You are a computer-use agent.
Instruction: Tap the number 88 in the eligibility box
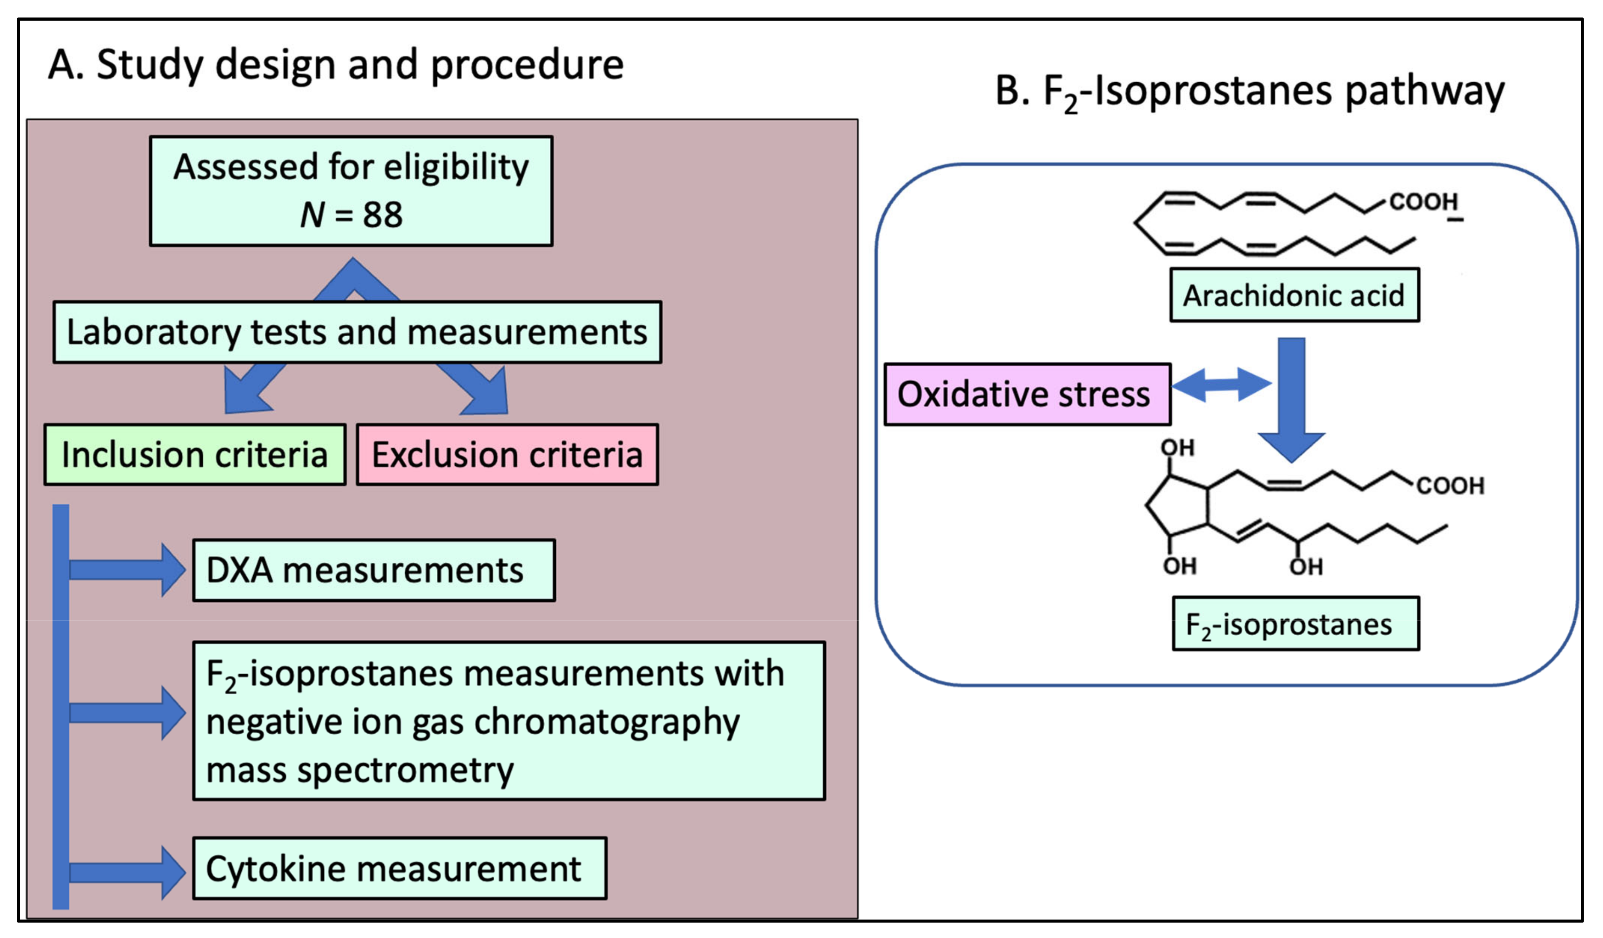coord(382,215)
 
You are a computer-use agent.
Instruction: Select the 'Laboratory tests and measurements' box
coord(357,332)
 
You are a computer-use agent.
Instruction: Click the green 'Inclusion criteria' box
coord(195,455)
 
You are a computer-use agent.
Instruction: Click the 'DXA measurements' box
coord(373,570)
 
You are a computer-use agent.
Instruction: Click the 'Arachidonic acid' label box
coord(1293,295)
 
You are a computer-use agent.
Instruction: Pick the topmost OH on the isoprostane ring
coord(1178,448)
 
